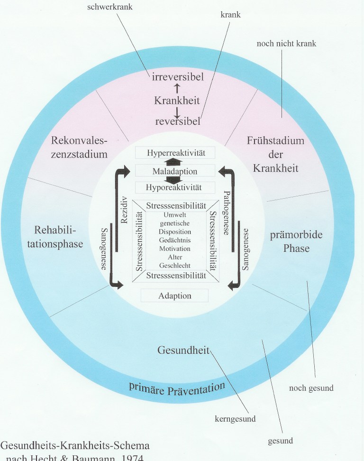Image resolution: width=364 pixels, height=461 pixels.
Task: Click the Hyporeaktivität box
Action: pyautogui.click(x=174, y=187)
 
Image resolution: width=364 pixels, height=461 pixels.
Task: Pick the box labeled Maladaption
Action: pyautogui.click(x=175, y=171)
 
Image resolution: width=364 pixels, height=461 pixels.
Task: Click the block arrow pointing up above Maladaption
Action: pyautogui.click(x=175, y=161)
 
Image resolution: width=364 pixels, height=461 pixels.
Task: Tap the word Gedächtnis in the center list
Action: pyautogui.click(x=175, y=240)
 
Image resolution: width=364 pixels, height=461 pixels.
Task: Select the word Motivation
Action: pyautogui.click(x=175, y=249)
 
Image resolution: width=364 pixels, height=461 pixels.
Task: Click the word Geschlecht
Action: pyautogui.click(x=175, y=266)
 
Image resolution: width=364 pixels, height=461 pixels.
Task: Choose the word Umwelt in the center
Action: pyautogui.click(x=175, y=215)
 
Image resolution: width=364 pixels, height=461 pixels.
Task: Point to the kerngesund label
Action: pyautogui.click(x=236, y=419)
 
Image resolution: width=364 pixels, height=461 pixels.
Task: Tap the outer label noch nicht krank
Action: pyautogui.click(x=286, y=44)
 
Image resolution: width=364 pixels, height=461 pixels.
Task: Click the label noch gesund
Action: pyautogui.click(x=311, y=388)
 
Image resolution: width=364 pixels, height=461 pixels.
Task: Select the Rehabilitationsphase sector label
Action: pyautogui.click(x=59, y=237)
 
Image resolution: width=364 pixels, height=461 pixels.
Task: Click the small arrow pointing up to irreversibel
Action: pyautogui.click(x=176, y=88)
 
